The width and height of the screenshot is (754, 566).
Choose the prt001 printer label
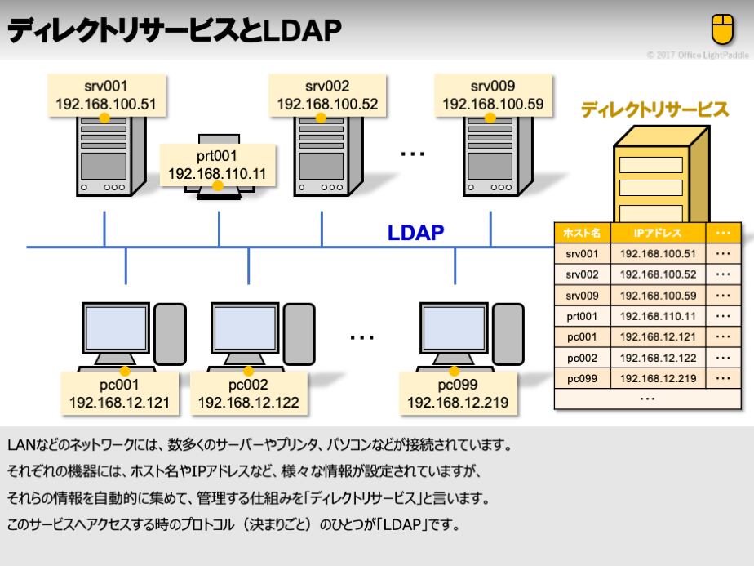tap(217, 164)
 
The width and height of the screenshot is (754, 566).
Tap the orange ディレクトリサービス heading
tap(654, 110)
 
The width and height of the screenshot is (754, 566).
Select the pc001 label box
tap(120, 393)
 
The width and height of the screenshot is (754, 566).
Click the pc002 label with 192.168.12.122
tap(248, 393)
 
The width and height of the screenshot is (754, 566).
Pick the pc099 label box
tap(458, 393)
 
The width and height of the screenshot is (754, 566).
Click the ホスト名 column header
tap(583, 233)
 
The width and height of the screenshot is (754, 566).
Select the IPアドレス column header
tap(658, 233)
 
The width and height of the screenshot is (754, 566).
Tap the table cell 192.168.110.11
tap(658, 315)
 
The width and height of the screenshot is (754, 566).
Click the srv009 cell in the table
tap(583, 294)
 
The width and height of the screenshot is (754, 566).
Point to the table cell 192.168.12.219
tap(658, 379)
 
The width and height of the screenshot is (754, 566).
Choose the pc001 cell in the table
tap(583, 336)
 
